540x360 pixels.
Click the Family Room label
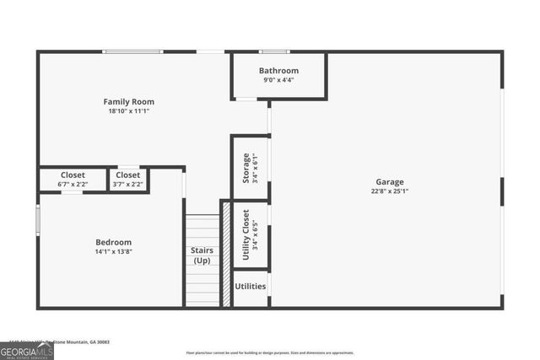[x=128, y=102]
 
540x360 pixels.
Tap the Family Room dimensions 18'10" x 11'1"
[x=128, y=111]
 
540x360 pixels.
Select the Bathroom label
[x=278, y=71]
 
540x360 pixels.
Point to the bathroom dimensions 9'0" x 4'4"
[x=278, y=80]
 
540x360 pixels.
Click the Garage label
[x=390, y=181]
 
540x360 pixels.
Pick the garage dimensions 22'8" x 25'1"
[x=390, y=191]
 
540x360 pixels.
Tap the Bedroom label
[x=113, y=242]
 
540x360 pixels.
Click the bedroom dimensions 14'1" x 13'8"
[x=113, y=251]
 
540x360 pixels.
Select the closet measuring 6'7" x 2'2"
[x=73, y=180]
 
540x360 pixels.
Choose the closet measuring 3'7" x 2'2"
[x=128, y=180]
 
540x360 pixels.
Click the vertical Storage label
[x=246, y=168]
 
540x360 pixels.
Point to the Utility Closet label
[x=246, y=233]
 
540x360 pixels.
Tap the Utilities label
[x=251, y=287]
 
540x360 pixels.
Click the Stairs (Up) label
[x=202, y=255]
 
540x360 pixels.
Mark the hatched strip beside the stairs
[x=225, y=253]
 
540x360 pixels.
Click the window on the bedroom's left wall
[x=38, y=218]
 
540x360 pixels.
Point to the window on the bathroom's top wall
[x=273, y=52]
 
